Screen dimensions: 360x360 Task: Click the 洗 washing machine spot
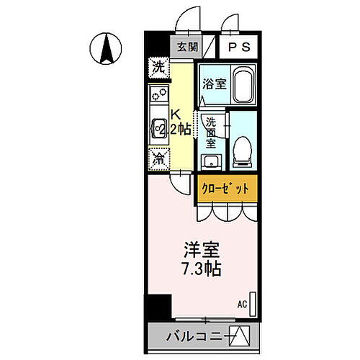pos(158,67)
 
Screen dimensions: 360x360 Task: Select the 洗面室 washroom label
pos(212,132)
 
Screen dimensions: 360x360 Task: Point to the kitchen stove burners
pos(158,94)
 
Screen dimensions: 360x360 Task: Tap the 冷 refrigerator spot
pos(158,157)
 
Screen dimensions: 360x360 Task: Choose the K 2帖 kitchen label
pos(179,122)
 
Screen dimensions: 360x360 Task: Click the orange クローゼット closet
pos(225,188)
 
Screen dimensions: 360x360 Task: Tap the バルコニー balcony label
pos(192,336)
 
